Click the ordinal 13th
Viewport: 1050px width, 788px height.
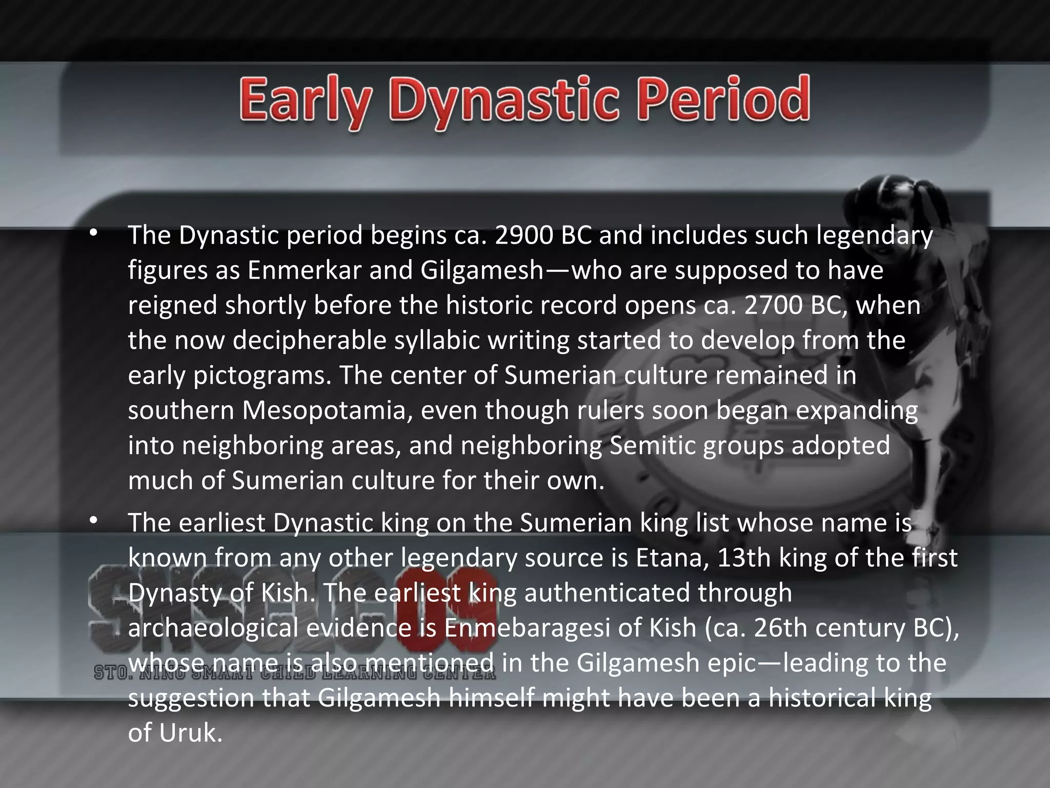[743, 558]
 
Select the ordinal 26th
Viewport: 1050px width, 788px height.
[780, 628]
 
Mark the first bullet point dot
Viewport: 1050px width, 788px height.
[92, 234]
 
